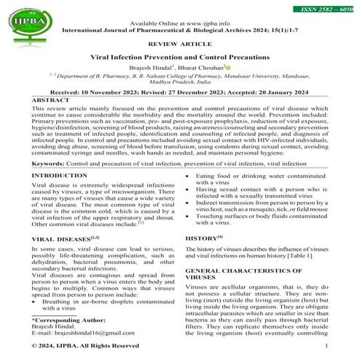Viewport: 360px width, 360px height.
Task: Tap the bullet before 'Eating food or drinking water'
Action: pyautogui.click(x=188, y=177)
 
